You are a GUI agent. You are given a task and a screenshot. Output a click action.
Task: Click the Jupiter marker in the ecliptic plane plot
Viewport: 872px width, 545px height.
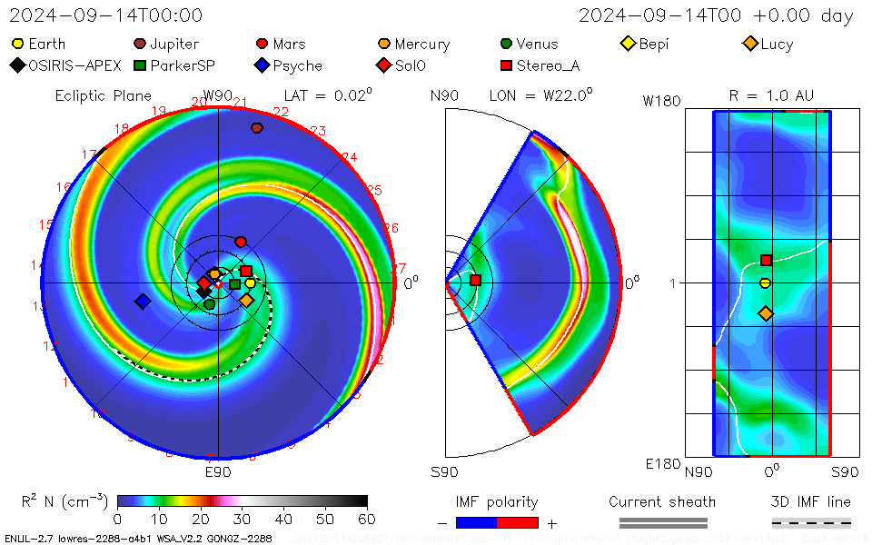(x=257, y=128)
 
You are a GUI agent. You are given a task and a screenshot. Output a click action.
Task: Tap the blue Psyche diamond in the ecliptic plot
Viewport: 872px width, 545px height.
(x=143, y=301)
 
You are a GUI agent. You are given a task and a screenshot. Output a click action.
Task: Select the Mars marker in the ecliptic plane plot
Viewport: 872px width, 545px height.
(x=241, y=242)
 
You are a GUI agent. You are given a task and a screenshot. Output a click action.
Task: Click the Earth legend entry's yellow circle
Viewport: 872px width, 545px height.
(x=17, y=44)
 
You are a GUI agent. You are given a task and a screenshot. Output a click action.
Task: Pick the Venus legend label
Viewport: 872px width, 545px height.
(x=537, y=44)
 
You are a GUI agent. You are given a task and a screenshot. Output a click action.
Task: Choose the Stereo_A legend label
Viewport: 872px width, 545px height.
(x=548, y=65)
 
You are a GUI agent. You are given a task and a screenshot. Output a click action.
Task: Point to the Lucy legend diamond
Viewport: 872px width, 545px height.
(x=749, y=44)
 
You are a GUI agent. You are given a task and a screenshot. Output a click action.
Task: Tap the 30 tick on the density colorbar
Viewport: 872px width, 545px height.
(x=243, y=519)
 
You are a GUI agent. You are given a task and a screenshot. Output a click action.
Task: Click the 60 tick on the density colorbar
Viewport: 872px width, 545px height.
(x=366, y=519)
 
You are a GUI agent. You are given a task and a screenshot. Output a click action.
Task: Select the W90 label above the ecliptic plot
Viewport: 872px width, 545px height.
(x=218, y=95)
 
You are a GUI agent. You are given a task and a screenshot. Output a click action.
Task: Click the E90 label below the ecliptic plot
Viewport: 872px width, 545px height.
(x=218, y=472)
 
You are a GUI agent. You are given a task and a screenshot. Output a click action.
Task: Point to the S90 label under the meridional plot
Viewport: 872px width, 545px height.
(x=444, y=472)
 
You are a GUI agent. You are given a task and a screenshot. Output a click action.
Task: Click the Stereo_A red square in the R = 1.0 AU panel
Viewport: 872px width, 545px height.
(x=766, y=260)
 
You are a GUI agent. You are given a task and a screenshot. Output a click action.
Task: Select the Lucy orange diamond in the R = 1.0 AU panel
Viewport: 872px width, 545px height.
(x=766, y=313)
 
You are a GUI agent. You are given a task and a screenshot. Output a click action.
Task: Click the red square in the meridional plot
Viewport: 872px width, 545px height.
(x=475, y=280)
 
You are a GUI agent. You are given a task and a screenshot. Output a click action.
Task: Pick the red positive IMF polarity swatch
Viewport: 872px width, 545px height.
(x=518, y=522)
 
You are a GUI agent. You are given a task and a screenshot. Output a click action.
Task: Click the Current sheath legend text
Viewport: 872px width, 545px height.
(x=662, y=501)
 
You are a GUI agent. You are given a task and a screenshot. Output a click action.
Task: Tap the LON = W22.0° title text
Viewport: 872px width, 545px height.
(x=540, y=95)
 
